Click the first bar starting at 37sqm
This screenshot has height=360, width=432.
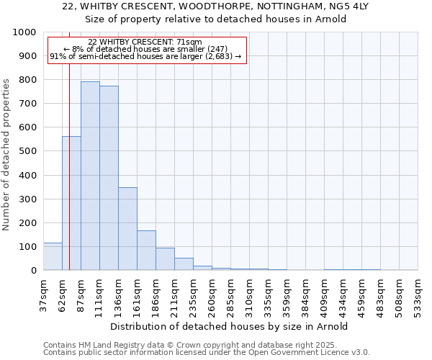click(x=53, y=256)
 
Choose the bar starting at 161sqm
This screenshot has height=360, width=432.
click(x=146, y=251)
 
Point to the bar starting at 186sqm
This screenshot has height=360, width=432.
click(x=165, y=259)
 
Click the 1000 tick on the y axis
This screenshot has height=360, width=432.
click(x=24, y=32)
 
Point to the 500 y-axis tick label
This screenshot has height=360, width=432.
click(x=27, y=151)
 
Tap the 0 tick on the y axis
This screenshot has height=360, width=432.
click(x=34, y=271)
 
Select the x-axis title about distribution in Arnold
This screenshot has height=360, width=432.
click(x=230, y=326)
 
